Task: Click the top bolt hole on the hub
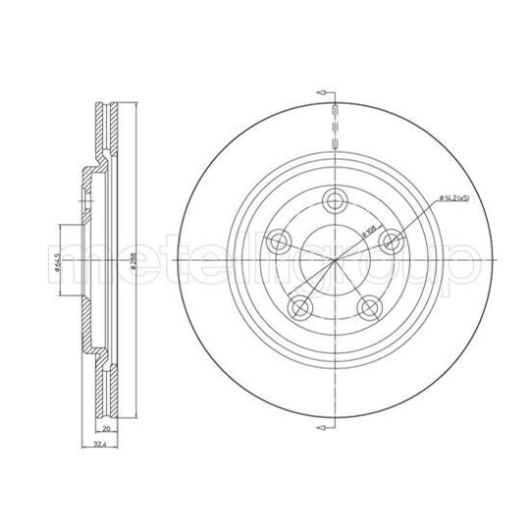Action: coord(334,201)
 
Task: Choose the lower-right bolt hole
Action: coord(369,309)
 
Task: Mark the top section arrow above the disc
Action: coord(323,91)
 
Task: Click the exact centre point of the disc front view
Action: coord(335,259)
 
